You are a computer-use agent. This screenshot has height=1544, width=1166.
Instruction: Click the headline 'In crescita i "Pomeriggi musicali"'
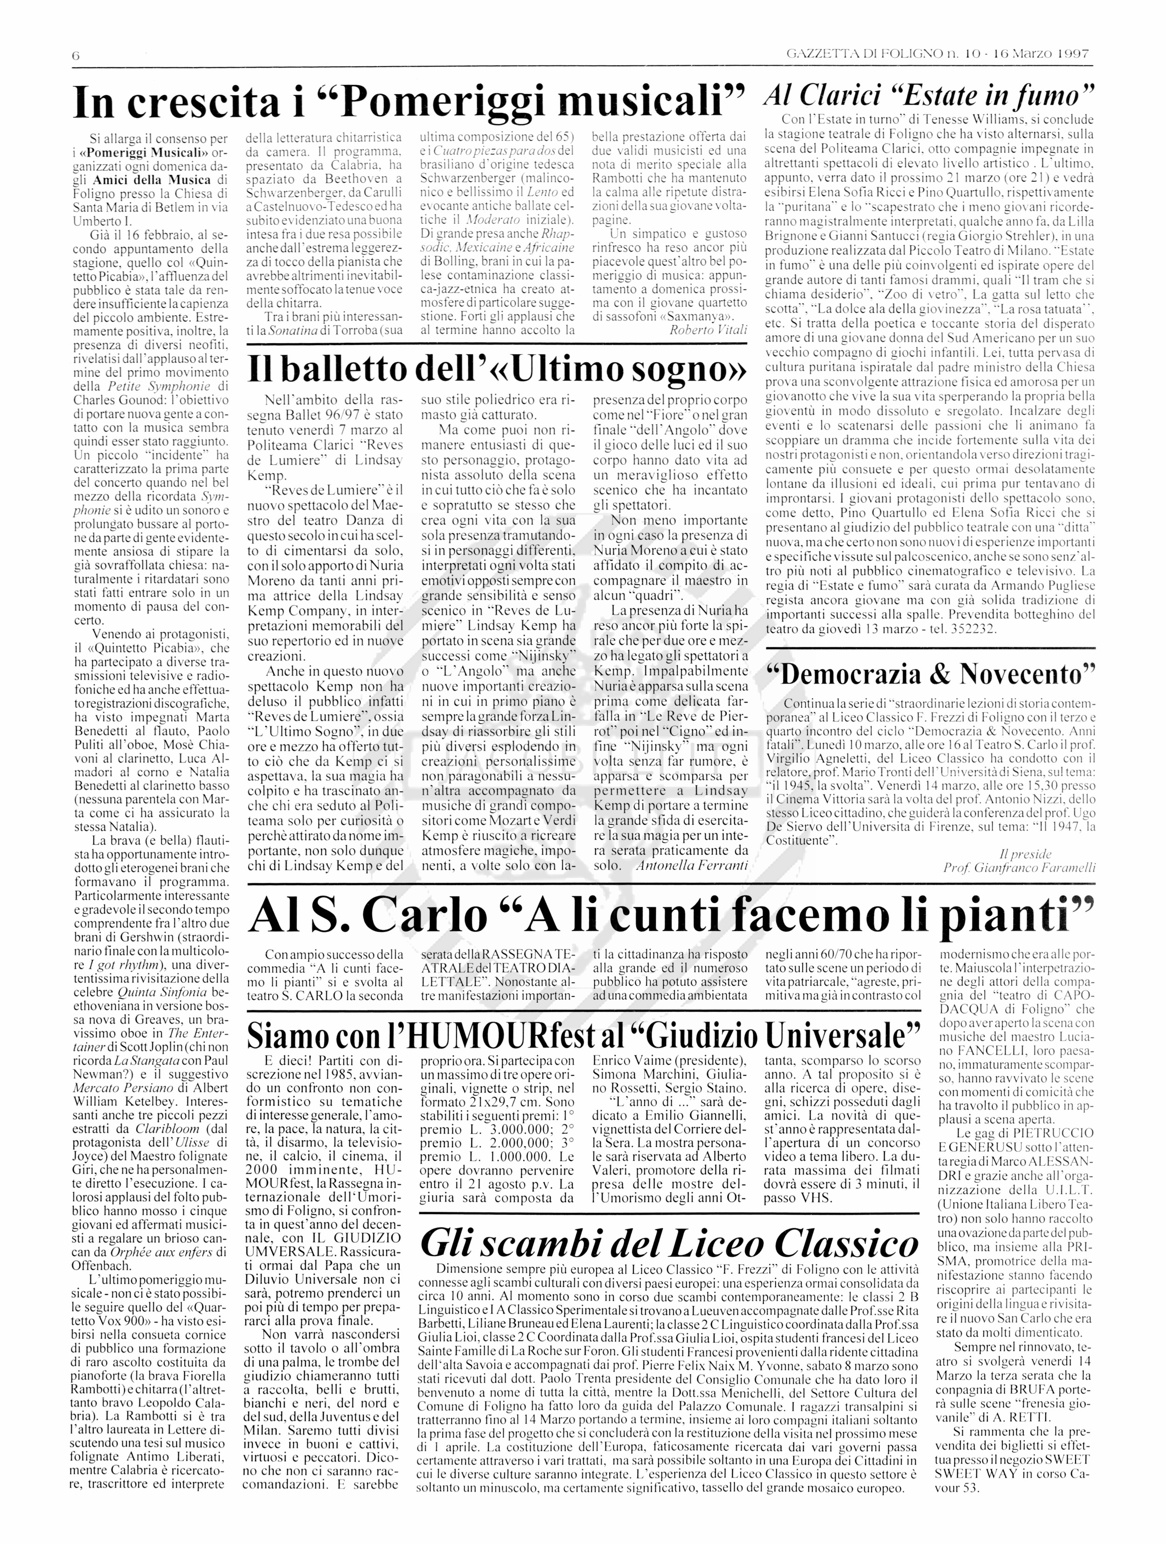[409, 102]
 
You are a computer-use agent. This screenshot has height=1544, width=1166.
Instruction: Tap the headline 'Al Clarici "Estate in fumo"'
[929, 94]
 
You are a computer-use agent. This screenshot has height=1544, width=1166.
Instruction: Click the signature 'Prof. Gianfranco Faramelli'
[1019, 868]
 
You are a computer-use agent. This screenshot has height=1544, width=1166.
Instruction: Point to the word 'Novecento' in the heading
[1027, 675]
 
